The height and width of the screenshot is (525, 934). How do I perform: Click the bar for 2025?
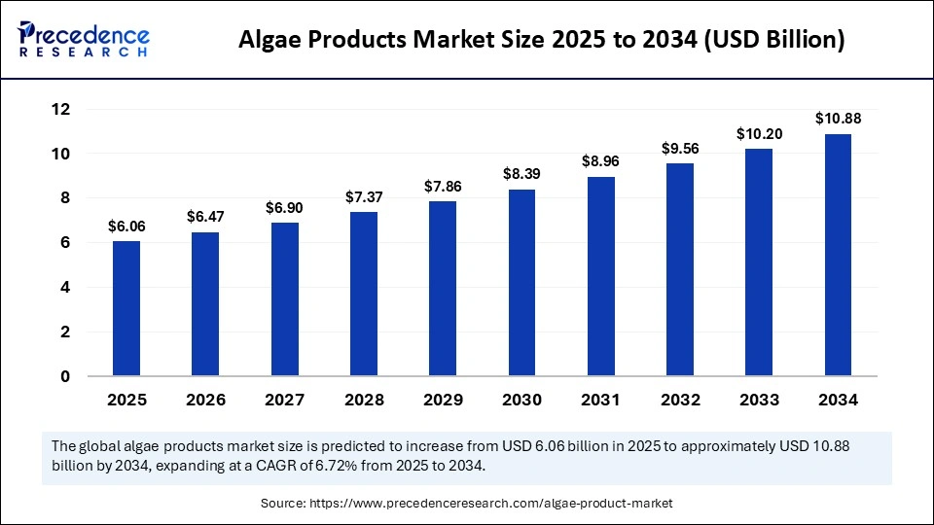(x=126, y=307)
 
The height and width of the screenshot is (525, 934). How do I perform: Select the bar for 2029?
(x=443, y=288)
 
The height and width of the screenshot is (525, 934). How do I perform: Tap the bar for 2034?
(x=838, y=254)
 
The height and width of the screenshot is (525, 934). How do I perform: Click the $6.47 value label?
(x=205, y=217)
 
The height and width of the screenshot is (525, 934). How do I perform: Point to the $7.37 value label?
(x=364, y=197)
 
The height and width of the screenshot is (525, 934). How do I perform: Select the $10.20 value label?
(x=758, y=133)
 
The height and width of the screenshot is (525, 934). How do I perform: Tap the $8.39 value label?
(x=521, y=174)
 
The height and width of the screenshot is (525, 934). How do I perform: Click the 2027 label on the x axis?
(x=285, y=400)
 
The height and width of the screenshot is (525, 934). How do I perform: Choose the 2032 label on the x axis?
(x=680, y=400)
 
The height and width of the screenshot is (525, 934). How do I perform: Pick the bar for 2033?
(x=759, y=262)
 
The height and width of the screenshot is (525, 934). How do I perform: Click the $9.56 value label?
(x=680, y=148)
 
